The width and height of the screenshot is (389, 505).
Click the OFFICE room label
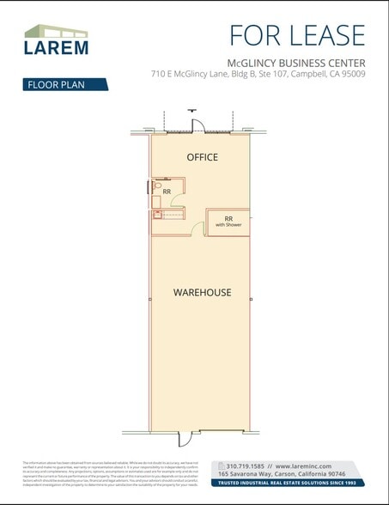(x=203, y=157)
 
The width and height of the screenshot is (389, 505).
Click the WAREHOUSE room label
(x=203, y=292)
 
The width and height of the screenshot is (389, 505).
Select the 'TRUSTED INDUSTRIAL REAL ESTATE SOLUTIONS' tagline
(x=290, y=482)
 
